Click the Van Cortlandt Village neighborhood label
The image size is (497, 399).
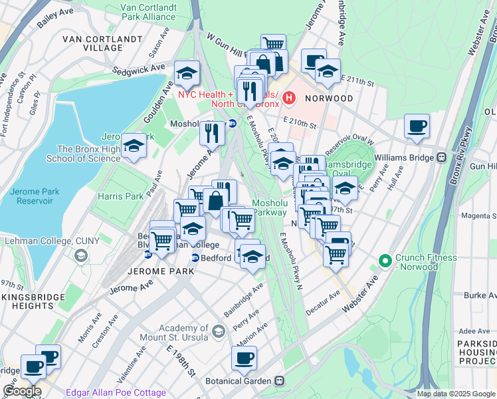pyautogui.click(x=93, y=43)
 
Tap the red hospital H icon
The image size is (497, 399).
pyautogui.click(x=289, y=98)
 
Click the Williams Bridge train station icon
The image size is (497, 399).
pyautogui.click(x=441, y=158)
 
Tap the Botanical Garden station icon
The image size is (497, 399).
pyautogui.click(x=280, y=381)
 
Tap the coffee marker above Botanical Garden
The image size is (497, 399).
pyautogui.click(x=244, y=358)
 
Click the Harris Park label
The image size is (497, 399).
pyautogui.click(x=120, y=197)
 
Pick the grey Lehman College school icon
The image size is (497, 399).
pyautogui.click(x=81, y=255)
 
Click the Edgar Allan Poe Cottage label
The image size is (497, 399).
pyautogui.click(x=116, y=393)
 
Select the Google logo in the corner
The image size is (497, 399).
pyautogui.click(x=22, y=392)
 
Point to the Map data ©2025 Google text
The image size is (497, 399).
pyautogui.click(x=455, y=394)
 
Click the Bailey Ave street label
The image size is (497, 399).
pyautogui.click(x=56, y=19)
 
